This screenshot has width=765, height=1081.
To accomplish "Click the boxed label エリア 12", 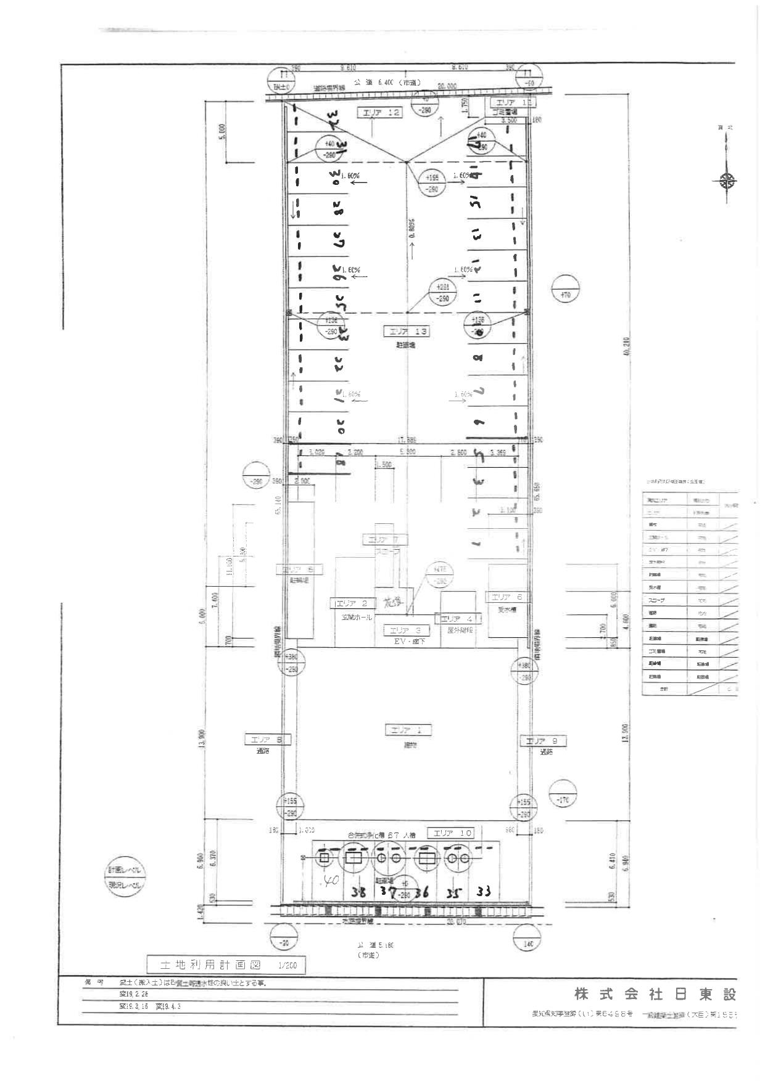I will (x=381, y=112).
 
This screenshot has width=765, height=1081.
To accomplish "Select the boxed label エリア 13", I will (x=405, y=332).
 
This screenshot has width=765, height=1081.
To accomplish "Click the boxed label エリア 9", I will (x=542, y=741).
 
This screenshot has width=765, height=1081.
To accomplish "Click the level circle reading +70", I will (x=564, y=296).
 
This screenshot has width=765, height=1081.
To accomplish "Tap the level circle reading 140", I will (x=527, y=944).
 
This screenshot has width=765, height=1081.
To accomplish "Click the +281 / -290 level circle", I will (x=442, y=292).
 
